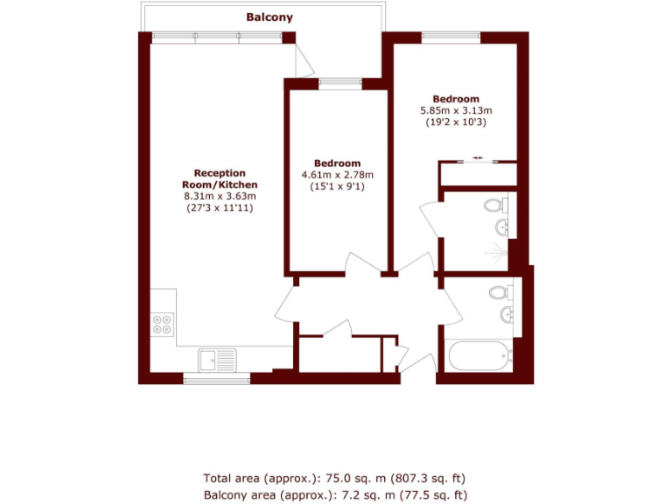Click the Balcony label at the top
(269, 17)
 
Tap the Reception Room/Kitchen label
(220, 179)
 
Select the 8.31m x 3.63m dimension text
(220, 197)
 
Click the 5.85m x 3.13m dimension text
(456, 110)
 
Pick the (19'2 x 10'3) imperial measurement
(456, 122)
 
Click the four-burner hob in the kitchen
(163, 325)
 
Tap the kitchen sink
(216, 359)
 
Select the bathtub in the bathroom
(477, 357)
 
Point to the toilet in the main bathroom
(500, 292)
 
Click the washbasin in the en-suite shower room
(501, 228)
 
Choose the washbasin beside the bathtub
(507, 314)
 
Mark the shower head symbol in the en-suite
(498, 255)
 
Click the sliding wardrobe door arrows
(478, 157)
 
